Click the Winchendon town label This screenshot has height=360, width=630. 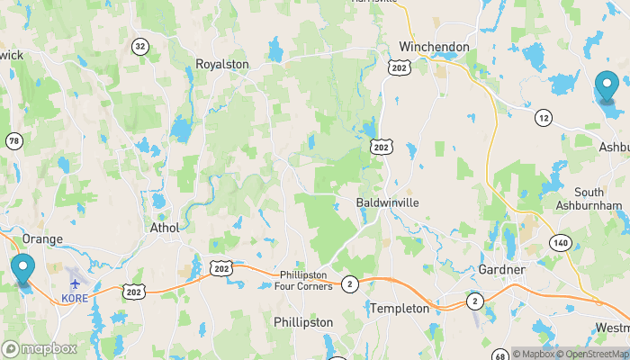click(x=435, y=46)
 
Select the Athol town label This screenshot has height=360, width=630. click(x=163, y=228)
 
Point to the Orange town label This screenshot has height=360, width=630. click(x=42, y=238)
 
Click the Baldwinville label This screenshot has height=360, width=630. click(x=387, y=202)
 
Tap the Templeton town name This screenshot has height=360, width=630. click(x=400, y=308)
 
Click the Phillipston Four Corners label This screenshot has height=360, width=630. click(x=305, y=280)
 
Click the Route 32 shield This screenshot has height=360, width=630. click(x=139, y=46)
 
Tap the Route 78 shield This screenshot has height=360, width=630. click(x=13, y=141)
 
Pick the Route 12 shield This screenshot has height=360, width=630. click(x=543, y=118)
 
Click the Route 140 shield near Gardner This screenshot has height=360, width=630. click(x=562, y=242)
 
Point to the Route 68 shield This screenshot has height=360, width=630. click(x=500, y=357)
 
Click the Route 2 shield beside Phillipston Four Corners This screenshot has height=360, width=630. click(x=350, y=284)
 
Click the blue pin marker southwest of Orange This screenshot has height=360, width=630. click(x=22, y=270)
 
